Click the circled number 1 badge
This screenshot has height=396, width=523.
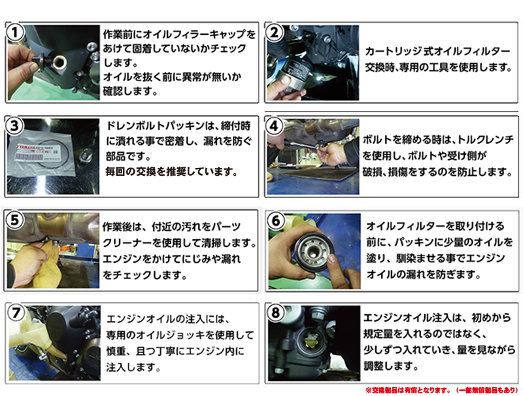click(x=15, y=33)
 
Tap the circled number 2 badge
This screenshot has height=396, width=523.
click(x=274, y=33)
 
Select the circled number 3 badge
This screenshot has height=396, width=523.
click(x=14, y=126)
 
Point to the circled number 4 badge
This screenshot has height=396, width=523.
click(x=274, y=126)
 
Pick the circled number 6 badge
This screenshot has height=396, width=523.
click(x=276, y=220)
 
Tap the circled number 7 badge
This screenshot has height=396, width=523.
click(x=16, y=312)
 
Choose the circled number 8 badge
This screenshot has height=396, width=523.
click(x=275, y=312)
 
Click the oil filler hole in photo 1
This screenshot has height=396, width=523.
click(x=60, y=61)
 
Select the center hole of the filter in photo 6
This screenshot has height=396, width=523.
click(x=313, y=251)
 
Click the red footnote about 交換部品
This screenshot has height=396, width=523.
click(x=442, y=389)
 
